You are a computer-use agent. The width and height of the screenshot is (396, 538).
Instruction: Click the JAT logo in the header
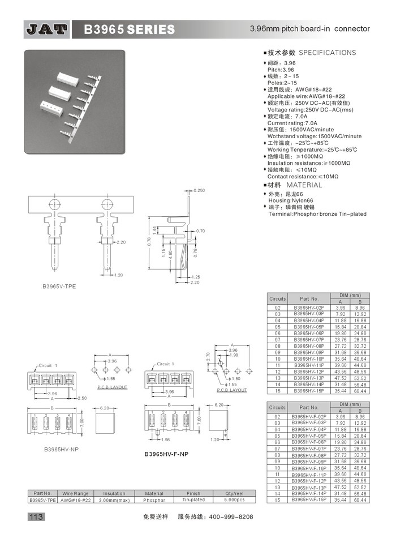click(x=47, y=29)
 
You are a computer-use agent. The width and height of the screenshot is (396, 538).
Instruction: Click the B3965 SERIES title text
click(x=130, y=29)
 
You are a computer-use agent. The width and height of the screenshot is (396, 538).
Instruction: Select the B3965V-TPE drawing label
click(x=59, y=287)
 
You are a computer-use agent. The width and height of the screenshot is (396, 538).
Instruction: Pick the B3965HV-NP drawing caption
click(x=61, y=449)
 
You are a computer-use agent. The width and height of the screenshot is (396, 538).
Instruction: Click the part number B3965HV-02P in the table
click(x=309, y=308)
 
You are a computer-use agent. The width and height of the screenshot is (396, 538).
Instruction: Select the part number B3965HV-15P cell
click(x=309, y=390)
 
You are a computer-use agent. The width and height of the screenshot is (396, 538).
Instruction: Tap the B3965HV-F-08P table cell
click(x=309, y=455)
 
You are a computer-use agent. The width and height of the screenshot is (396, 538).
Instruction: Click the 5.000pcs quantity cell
click(x=234, y=500)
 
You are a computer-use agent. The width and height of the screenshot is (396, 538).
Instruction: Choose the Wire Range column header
click(x=75, y=493)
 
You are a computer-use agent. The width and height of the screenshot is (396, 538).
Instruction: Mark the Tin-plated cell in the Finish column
click(x=193, y=500)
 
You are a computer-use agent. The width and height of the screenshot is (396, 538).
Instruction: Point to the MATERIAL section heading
click(x=303, y=185)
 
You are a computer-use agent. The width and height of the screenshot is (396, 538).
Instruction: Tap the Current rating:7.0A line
click(x=292, y=123)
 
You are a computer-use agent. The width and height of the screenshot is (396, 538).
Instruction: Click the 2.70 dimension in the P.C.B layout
click(x=207, y=357)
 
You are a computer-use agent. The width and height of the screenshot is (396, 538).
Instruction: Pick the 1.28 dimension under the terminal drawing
click(x=119, y=275)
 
